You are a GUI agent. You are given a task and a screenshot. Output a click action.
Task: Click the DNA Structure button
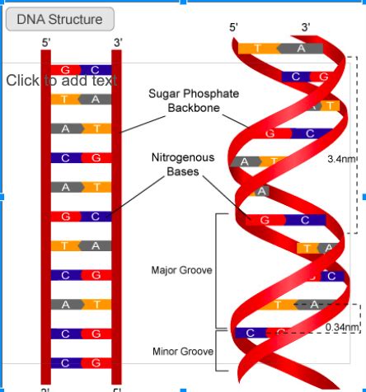pos(59,19)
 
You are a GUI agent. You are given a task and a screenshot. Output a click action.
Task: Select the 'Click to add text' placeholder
pos(61,81)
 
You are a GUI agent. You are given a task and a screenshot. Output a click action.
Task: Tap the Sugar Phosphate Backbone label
pos(194,100)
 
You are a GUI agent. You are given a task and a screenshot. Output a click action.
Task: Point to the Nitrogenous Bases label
pos(183,164)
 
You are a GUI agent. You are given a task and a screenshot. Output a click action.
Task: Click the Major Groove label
pos(182,269)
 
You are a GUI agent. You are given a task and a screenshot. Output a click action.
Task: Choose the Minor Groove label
pos(182,352)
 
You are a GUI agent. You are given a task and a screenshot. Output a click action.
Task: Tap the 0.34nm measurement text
pos(342,327)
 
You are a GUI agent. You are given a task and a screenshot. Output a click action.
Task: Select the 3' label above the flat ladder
pos(118,42)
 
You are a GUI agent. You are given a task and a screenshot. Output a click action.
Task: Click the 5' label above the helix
pos(233,28)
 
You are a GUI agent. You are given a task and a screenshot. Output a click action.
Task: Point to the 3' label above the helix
pos(306,28)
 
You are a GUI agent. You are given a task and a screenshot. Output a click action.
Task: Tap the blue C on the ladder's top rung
pos(96,69)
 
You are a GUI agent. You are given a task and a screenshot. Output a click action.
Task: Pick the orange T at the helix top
pos(256,48)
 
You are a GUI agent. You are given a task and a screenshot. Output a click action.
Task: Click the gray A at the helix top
pos(299,48)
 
